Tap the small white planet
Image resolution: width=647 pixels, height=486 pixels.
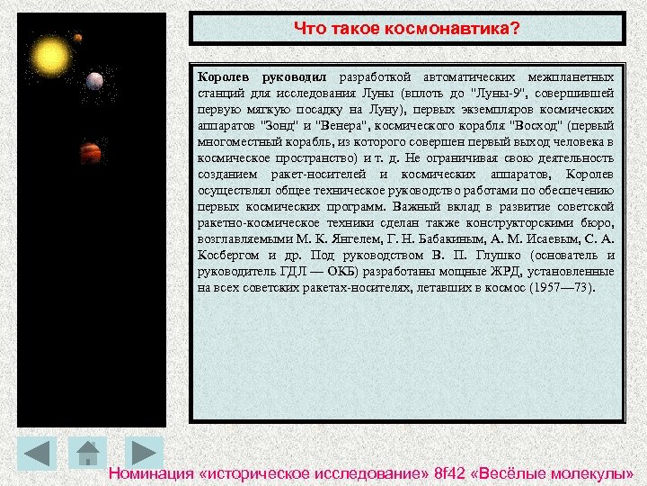(x=94, y=81)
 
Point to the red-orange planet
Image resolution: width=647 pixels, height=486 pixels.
(x=90, y=152)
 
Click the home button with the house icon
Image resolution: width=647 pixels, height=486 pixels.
(x=87, y=453)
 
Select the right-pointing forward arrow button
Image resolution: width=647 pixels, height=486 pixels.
(x=141, y=453)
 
